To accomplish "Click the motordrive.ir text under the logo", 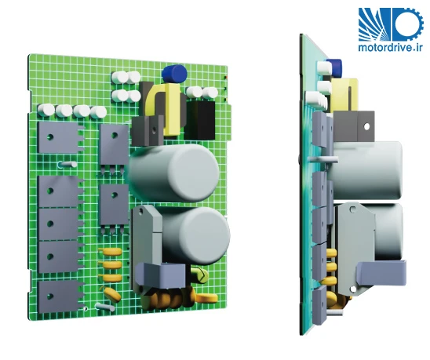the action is coord(390,47).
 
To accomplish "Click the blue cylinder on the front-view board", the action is coord(174,74).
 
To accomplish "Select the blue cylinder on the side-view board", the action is coord(333,67).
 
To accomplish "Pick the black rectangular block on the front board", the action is coord(200,121).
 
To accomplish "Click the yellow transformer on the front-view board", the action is coord(163,109).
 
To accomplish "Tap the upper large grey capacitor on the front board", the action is coord(174,173).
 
